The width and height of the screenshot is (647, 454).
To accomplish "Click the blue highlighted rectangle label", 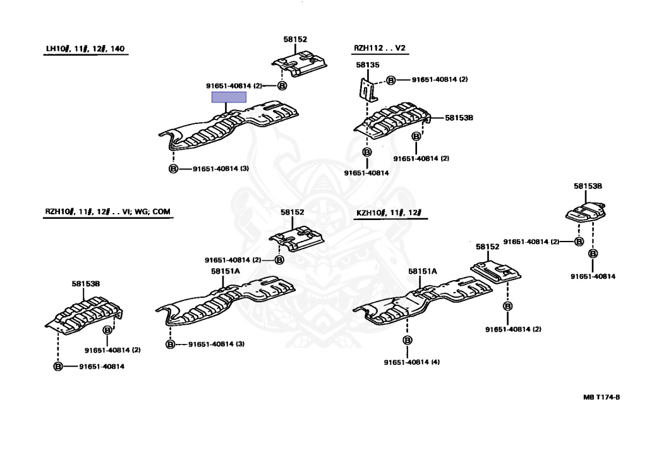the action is [x=229, y=97].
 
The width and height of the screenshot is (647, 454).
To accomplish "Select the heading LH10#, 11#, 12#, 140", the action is [x=85, y=49].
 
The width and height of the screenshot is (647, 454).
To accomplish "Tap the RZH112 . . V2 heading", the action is [x=380, y=48].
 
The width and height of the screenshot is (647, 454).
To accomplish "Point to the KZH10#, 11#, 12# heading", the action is [x=389, y=212].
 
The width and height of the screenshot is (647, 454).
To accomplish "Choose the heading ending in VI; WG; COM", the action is [x=107, y=212].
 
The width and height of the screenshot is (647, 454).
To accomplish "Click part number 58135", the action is [x=368, y=65].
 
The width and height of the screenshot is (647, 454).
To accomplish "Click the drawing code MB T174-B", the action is [x=602, y=397].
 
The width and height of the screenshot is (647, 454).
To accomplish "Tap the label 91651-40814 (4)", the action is [x=412, y=362].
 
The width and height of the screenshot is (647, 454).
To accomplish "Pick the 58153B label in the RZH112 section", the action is [x=459, y=118].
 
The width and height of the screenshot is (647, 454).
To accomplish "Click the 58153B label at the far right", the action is [x=588, y=187].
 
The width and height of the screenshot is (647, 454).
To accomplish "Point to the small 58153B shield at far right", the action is [x=586, y=212].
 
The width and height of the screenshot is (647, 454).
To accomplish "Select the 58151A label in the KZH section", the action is [x=423, y=271].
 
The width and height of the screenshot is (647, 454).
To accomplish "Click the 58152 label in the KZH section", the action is [x=487, y=247].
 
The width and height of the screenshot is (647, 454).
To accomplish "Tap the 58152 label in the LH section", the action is [x=295, y=39].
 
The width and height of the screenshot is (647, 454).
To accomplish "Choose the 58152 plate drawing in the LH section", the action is [x=299, y=64].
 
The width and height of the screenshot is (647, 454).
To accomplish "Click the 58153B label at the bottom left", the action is [x=86, y=284].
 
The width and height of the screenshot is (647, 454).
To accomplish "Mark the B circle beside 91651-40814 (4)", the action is [x=408, y=340].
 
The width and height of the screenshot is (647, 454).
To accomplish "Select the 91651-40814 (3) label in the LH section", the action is [x=221, y=169].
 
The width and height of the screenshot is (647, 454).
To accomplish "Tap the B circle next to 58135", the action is [x=390, y=80].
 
